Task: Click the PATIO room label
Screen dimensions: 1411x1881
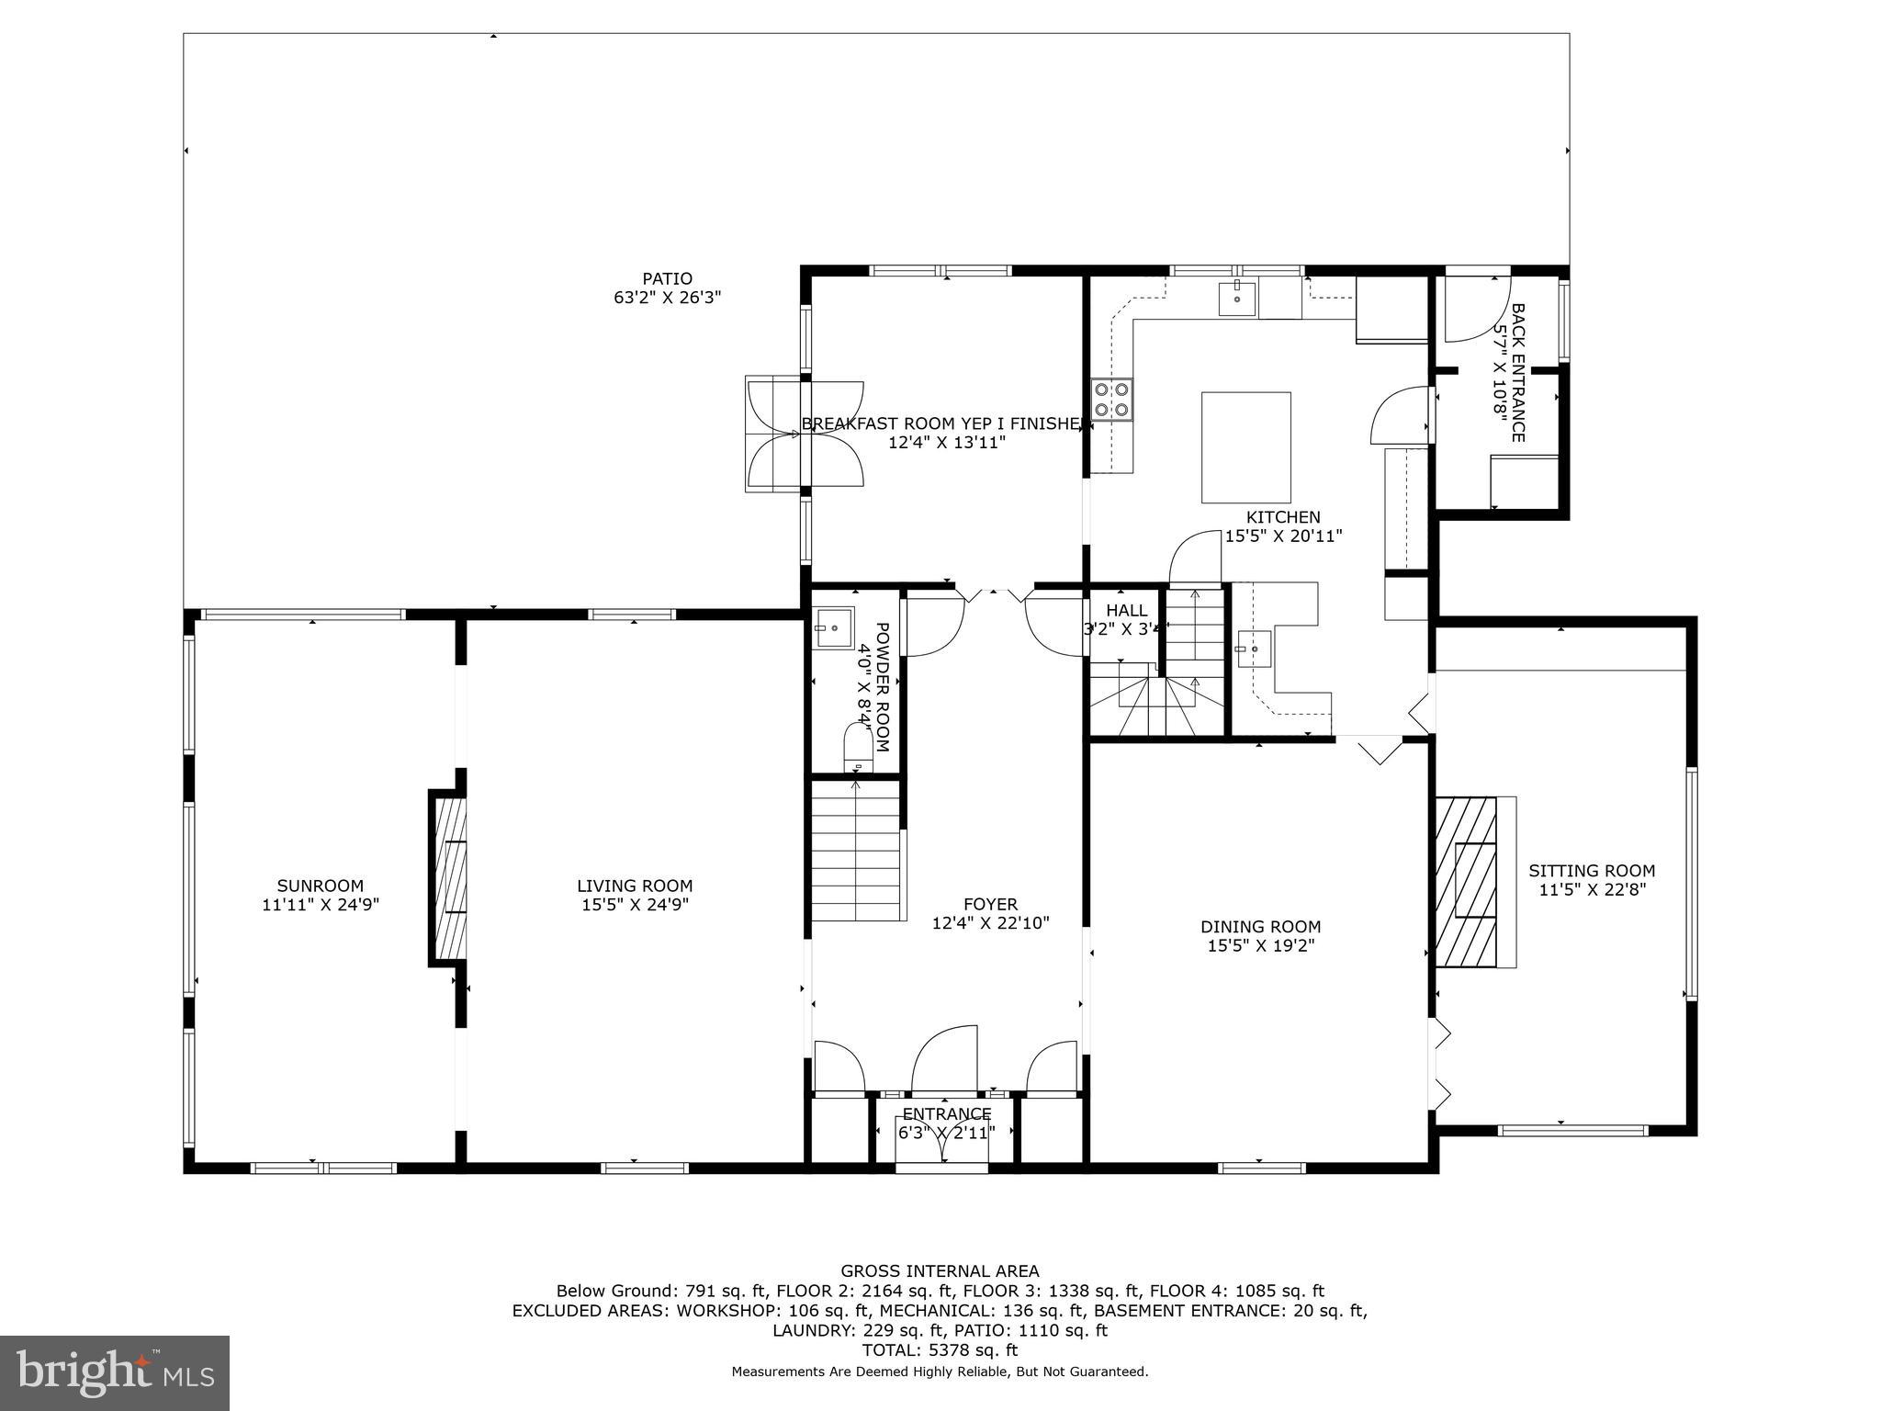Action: coord(667,279)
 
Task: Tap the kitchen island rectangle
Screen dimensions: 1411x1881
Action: coord(1245,446)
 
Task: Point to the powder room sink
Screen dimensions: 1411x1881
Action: coord(834,627)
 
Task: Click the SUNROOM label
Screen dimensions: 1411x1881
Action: coord(321,886)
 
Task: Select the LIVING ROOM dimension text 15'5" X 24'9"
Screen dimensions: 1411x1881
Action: coord(634,905)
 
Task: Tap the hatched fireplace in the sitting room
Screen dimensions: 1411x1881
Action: coord(1466,882)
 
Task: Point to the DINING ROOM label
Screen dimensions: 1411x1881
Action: coord(1260,927)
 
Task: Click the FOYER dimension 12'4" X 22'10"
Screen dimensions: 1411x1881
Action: coord(990,923)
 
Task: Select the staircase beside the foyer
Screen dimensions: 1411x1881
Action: coord(855,850)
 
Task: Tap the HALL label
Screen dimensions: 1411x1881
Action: coord(1126,611)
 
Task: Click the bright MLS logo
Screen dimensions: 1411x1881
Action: coord(115,1372)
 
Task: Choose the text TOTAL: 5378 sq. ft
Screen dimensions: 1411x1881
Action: coord(940,1350)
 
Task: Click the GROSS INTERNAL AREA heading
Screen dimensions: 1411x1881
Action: coord(940,1271)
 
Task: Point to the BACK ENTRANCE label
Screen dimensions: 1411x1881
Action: coord(1517,372)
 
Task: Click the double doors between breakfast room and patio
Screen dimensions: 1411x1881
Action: coord(805,434)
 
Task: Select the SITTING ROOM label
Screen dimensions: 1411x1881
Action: coord(1592,871)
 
